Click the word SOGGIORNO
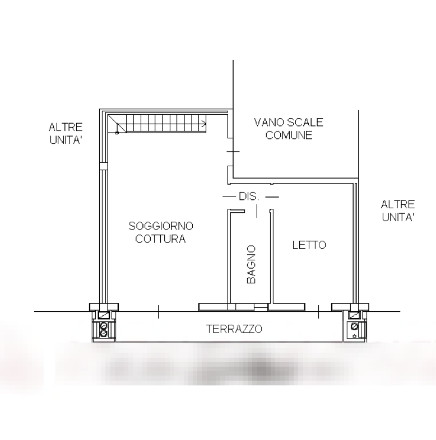[x=161, y=226]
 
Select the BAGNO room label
[x=251, y=264]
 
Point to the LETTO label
[x=309, y=245]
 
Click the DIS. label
[x=249, y=197]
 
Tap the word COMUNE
[x=289, y=135]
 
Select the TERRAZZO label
[x=234, y=329]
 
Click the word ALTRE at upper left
[x=66, y=127]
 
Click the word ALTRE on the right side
[x=398, y=204]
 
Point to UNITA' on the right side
[x=398, y=217]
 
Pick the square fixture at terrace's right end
[x=355, y=327]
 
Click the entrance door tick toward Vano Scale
[x=233, y=152]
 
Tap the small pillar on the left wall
[x=103, y=165]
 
